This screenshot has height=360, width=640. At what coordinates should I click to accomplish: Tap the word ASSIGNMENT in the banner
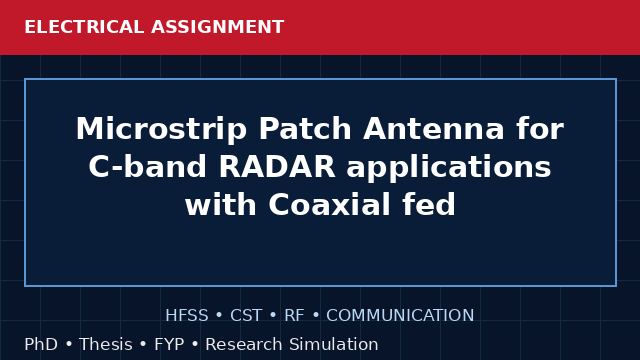pos(218,27)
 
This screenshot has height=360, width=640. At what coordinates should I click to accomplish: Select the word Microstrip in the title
pos(161,129)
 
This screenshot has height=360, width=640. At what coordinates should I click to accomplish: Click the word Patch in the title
pos(305,129)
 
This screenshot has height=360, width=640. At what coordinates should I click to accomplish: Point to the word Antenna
pos(433,129)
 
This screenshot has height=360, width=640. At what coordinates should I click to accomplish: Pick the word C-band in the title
pos(147,167)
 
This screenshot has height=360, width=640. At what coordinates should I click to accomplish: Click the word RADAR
pos(277,167)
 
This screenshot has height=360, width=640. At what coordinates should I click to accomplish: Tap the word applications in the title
pos(449,167)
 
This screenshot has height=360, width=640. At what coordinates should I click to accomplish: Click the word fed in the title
pos(429,204)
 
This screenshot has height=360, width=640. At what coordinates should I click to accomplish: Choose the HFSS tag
pos(187,316)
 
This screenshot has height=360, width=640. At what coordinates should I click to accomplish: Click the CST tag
pos(246,316)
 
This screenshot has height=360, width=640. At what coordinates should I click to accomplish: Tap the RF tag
pos(294,316)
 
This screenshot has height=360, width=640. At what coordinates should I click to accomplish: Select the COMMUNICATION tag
pos(400,316)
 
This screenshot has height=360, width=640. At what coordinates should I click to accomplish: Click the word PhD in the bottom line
pos(41,344)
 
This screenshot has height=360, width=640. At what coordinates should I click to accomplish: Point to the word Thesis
pos(106,344)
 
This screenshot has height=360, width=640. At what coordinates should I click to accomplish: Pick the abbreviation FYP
pos(169,344)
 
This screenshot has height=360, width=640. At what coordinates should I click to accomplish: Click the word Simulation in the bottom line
pos(334,344)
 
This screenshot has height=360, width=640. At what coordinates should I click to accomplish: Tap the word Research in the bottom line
pos(244,344)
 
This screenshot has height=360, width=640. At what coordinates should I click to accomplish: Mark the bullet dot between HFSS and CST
pos(219,316)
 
